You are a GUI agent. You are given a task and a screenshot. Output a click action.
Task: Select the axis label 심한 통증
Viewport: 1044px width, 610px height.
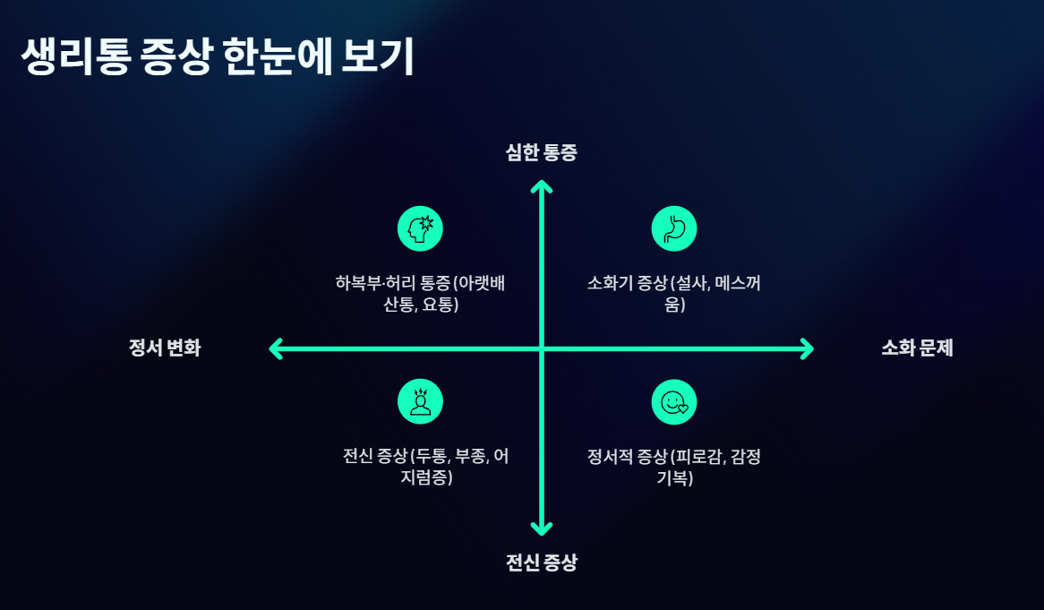(542, 152)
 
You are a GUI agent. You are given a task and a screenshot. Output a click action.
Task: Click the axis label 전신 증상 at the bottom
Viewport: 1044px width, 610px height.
(542, 563)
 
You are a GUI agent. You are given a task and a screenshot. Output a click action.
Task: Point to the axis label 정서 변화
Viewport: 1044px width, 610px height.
(165, 348)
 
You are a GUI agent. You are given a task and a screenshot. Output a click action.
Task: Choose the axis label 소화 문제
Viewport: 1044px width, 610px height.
(917, 348)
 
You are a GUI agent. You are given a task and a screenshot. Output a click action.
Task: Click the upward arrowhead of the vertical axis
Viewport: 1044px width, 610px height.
(542, 185)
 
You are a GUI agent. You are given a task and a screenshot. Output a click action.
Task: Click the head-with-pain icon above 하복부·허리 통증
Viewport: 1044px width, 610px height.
(420, 228)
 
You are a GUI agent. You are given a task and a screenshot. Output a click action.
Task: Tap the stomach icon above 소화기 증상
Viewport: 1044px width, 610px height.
(674, 228)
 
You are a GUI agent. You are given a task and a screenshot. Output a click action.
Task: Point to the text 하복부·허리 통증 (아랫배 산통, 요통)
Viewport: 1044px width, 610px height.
(421, 294)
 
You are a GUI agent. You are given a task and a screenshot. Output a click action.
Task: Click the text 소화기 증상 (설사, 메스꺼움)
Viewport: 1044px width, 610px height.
(674, 294)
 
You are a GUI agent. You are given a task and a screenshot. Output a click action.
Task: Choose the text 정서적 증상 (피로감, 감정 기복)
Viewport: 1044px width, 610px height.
(674, 467)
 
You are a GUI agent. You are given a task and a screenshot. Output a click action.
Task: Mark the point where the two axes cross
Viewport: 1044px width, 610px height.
(542, 348)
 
